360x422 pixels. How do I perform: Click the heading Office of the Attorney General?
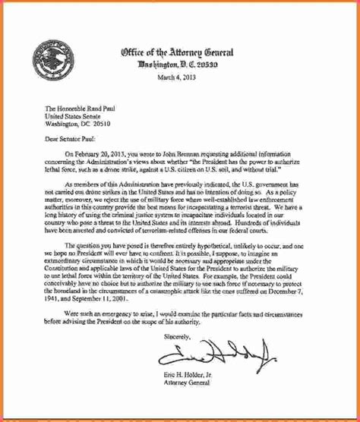coord(176,52)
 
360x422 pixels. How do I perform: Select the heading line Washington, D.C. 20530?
coord(176,64)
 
